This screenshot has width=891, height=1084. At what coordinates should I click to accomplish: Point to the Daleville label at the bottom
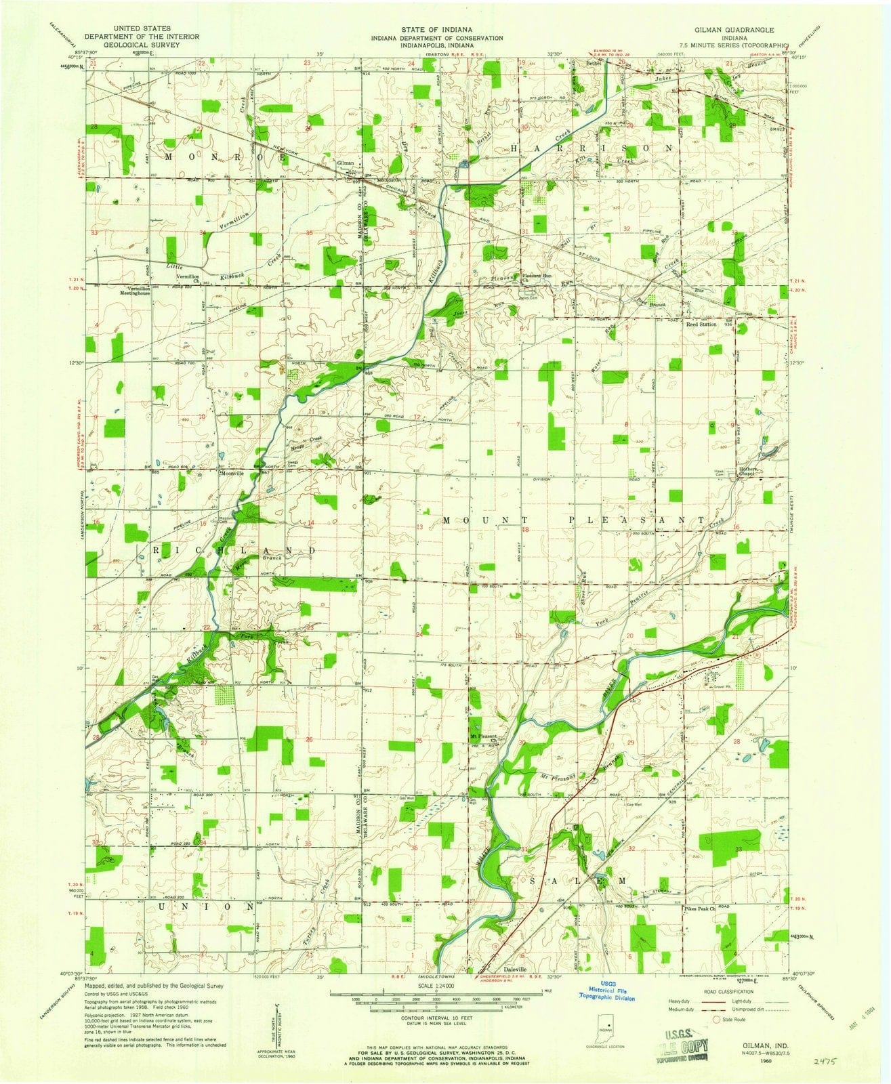(x=516, y=968)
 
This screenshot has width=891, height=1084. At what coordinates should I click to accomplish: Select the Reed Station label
(x=701, y=325)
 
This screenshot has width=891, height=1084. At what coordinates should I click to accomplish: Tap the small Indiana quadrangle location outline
(x=608, y=1027)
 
